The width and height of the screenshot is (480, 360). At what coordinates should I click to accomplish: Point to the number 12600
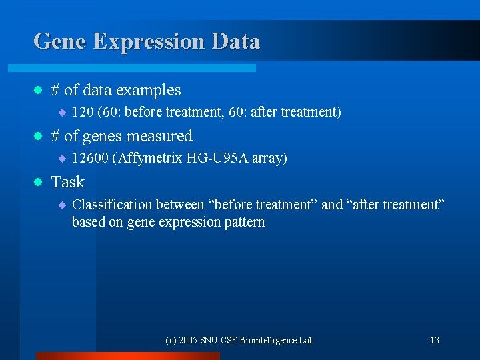click(90, 158)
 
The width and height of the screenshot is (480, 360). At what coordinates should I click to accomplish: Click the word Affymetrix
click(151, 158)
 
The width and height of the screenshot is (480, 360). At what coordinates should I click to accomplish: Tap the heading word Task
click(68, 182)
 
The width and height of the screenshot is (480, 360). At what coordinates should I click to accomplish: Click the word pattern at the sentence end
click(245, 222)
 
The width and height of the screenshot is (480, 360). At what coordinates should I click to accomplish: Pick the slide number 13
click(434, 341)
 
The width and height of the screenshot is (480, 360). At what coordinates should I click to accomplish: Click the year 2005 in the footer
click(188, 341)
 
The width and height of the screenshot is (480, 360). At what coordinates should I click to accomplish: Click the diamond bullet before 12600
click(61, 159)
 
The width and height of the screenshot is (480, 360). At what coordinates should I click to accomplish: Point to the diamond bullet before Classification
click(61, 205)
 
